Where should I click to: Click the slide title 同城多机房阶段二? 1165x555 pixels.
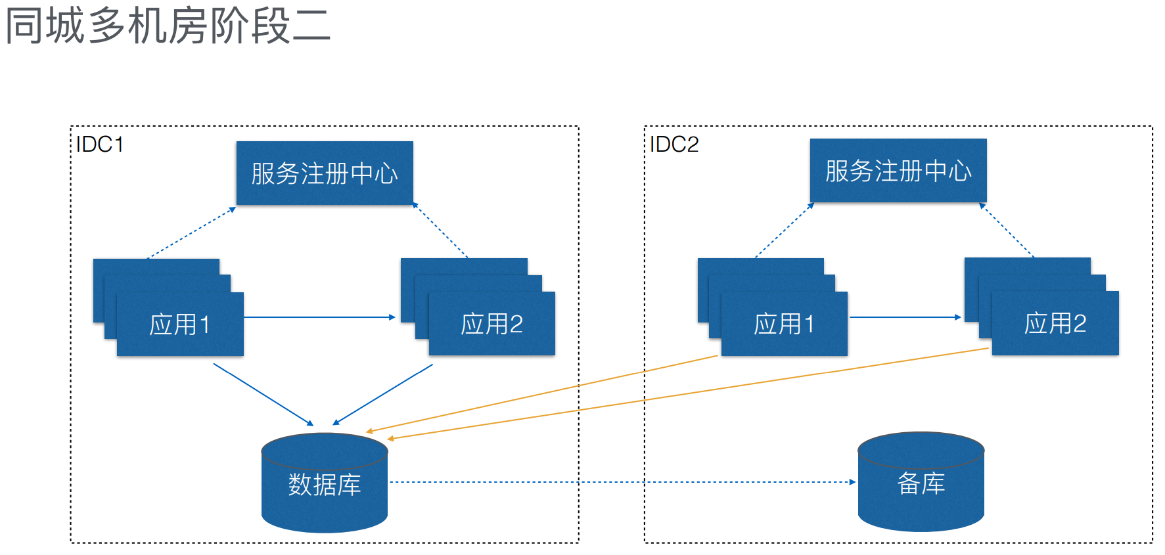(x=168, y=26)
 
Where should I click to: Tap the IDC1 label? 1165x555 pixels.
(x=100, y=144)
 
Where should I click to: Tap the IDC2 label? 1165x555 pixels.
(x=674, y=144)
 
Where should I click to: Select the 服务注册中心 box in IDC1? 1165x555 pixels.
(x=325, y=173)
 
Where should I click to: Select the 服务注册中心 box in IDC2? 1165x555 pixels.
(x=898, y=171)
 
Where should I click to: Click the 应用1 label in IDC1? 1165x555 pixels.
(x=180, y=324)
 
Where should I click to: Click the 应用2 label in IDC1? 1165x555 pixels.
(x=491, y=324)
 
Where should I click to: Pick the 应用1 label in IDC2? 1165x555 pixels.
(x=784, y=324)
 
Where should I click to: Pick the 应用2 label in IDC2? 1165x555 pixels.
(x=1055, y=323)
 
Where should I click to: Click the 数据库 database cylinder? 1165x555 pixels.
(x=325, y=485)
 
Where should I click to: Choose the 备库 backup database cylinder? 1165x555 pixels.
(x=921, y=483)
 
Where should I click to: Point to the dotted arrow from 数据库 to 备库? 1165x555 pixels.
(x=618, y=482)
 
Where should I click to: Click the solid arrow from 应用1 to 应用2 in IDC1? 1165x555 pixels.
(x=319, y=317)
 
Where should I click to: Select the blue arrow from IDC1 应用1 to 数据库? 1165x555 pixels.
(x=263, y=394)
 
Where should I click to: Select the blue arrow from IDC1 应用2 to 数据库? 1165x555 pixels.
(x=383, y=394)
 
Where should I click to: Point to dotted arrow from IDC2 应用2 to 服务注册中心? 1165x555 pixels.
(x=1007, y=230)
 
